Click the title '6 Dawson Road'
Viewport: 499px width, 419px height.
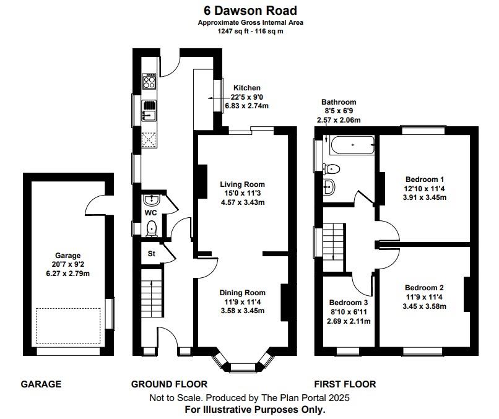pos(250,11)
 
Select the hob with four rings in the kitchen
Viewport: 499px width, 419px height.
pos(150,81)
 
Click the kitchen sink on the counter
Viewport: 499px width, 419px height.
pos(149,110)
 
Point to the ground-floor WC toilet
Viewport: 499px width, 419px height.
pos(151,230)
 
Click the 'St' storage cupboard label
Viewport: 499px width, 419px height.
pos(150,254)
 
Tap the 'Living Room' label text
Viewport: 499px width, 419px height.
pos(243,184)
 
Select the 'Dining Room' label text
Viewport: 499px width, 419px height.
pos(243,293)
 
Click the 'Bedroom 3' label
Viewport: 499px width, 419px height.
pos(349,303)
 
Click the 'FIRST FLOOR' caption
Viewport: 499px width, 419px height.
pos(345,384)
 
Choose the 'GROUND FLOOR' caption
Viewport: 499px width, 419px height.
pos(169,384)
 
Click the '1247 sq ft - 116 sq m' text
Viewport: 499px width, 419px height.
pos(250,31)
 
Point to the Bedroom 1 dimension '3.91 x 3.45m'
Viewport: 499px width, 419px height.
pos(425,197)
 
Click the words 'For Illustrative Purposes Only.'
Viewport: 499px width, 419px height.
pos(254,409)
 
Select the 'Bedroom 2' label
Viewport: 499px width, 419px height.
pos(424,288)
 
